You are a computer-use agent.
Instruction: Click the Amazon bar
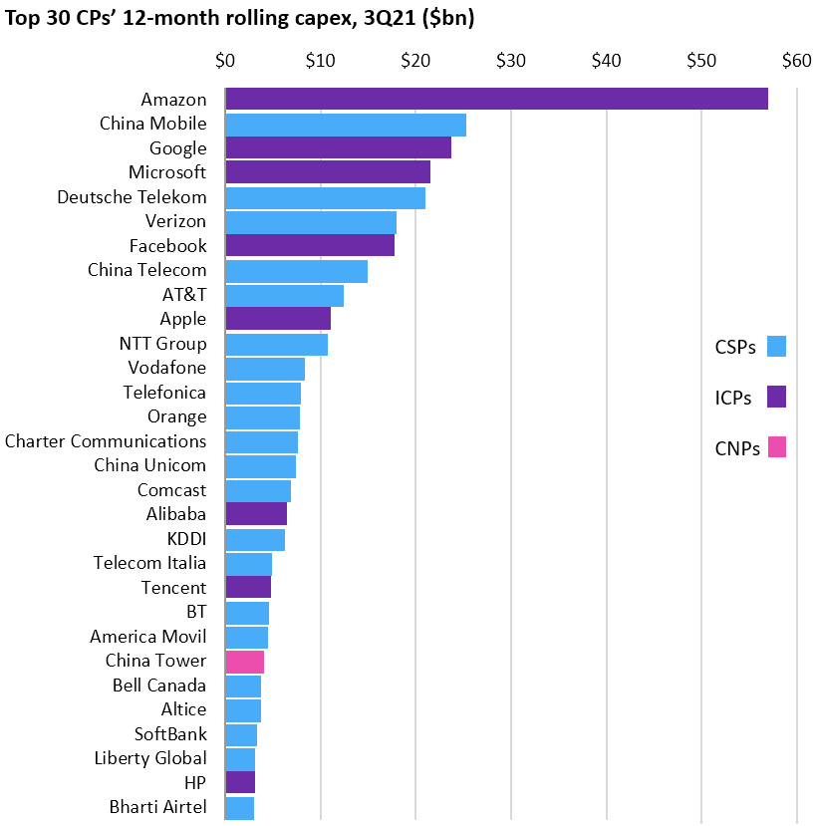pyautogui.click(x=496, y=99)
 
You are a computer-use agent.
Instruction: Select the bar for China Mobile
pyautogui.click(x=346, y=124)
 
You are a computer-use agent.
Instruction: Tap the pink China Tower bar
pyautogui.click(x=245, y=661)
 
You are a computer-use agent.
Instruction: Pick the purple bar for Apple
pyautogui.click(x=278, y=319)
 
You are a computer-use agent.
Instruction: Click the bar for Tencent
pyautogui.click(x=248, y=587)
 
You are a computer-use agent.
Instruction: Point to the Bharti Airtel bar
pyautogui.click(x=240, y=807)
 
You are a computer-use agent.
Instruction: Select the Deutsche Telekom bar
pyautogui.click(x=326, y=197)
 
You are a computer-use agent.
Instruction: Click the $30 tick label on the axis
pyautogui.click(x=510, y=61)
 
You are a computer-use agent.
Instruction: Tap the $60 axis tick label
pyautogui.click(x=796, y=61)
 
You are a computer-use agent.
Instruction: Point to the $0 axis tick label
pyautogui.click(x=225, y=61)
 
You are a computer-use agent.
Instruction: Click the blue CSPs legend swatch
pyautogui.click(x=776, y=347)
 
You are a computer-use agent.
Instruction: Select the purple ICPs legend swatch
pyautogui.click(x=776, y=397)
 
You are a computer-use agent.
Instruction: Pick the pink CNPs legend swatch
pyautogui.click(x=776, y=447)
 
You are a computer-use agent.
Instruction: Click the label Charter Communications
pyautogui.click(x=106, y=440)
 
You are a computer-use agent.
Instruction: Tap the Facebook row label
pyautogui.click(x=167, y=245)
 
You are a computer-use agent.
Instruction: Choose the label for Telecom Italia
pyautogui.click(x=149, y=563)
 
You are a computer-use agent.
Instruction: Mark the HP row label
pyautogui.click(x=195, y=782)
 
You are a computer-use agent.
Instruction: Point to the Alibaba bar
pyautogui.click(x=256, y=514)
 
